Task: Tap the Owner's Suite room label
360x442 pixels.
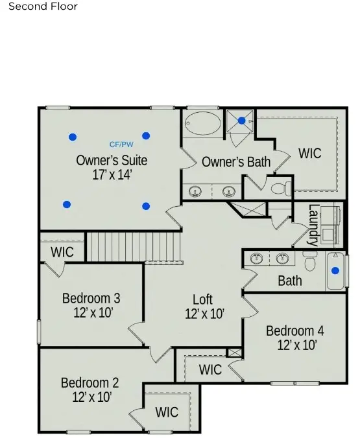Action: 112,160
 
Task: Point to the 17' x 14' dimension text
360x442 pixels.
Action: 112,174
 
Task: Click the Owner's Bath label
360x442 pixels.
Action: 236,162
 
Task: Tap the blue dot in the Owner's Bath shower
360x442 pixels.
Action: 242,121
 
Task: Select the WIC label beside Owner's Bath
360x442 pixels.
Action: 309,154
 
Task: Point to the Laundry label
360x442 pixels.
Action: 313,225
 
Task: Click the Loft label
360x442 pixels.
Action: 202,299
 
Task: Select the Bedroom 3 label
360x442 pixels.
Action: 91,298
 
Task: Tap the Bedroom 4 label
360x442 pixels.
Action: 294,331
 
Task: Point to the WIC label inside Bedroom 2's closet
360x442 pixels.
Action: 167,412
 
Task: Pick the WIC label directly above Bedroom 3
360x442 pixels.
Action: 62,251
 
